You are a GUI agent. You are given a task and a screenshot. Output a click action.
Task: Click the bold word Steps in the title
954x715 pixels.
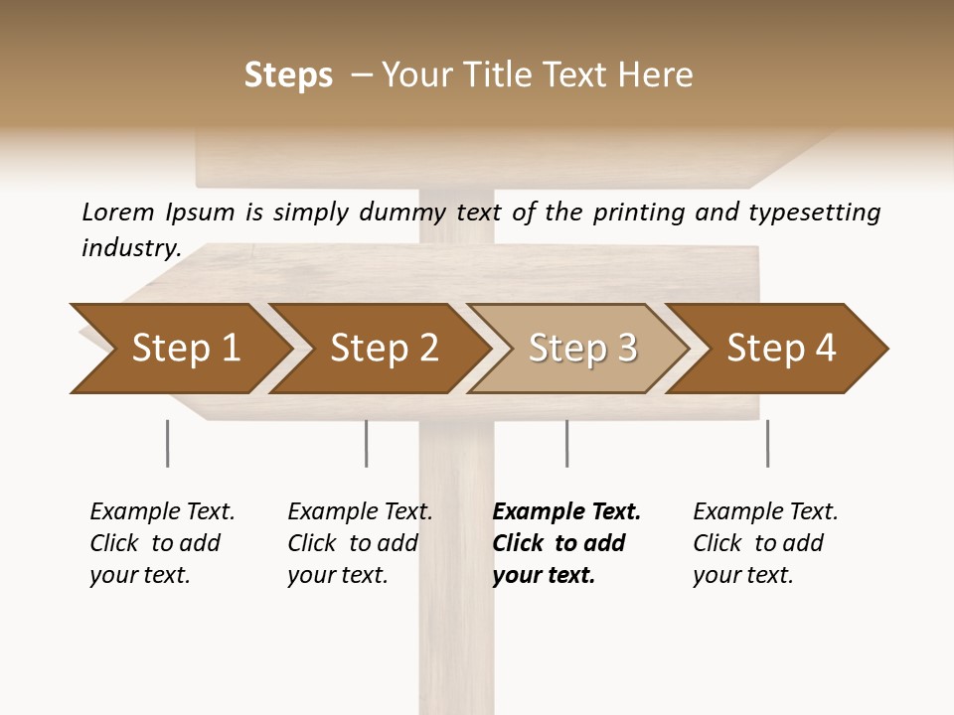[288, 75]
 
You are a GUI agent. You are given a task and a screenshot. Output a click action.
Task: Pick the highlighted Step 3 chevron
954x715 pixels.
[582, 349]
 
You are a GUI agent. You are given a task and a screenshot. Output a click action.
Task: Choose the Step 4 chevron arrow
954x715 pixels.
[781, 349]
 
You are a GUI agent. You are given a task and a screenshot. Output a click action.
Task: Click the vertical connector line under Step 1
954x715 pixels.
[167, 443]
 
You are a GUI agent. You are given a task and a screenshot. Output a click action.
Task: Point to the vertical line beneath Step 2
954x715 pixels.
[366, 443]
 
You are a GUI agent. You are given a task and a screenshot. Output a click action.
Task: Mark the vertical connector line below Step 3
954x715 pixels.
[566, 443]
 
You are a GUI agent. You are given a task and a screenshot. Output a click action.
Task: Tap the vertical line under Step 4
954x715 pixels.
[767, 443]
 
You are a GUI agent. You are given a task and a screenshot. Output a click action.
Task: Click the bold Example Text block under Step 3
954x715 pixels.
[565, 543]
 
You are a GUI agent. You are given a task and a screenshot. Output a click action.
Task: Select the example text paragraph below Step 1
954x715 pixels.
[161, 543]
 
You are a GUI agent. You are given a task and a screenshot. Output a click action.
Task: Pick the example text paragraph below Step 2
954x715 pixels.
[359, 543]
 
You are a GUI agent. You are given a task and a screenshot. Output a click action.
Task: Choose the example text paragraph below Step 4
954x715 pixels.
[764, 543]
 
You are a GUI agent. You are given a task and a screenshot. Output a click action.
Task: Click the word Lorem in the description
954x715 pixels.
[118, 212]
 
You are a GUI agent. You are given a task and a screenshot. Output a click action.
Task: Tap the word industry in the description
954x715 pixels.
[129, 248]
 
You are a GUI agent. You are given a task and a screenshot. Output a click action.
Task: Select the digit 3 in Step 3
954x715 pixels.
[625, 349]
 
